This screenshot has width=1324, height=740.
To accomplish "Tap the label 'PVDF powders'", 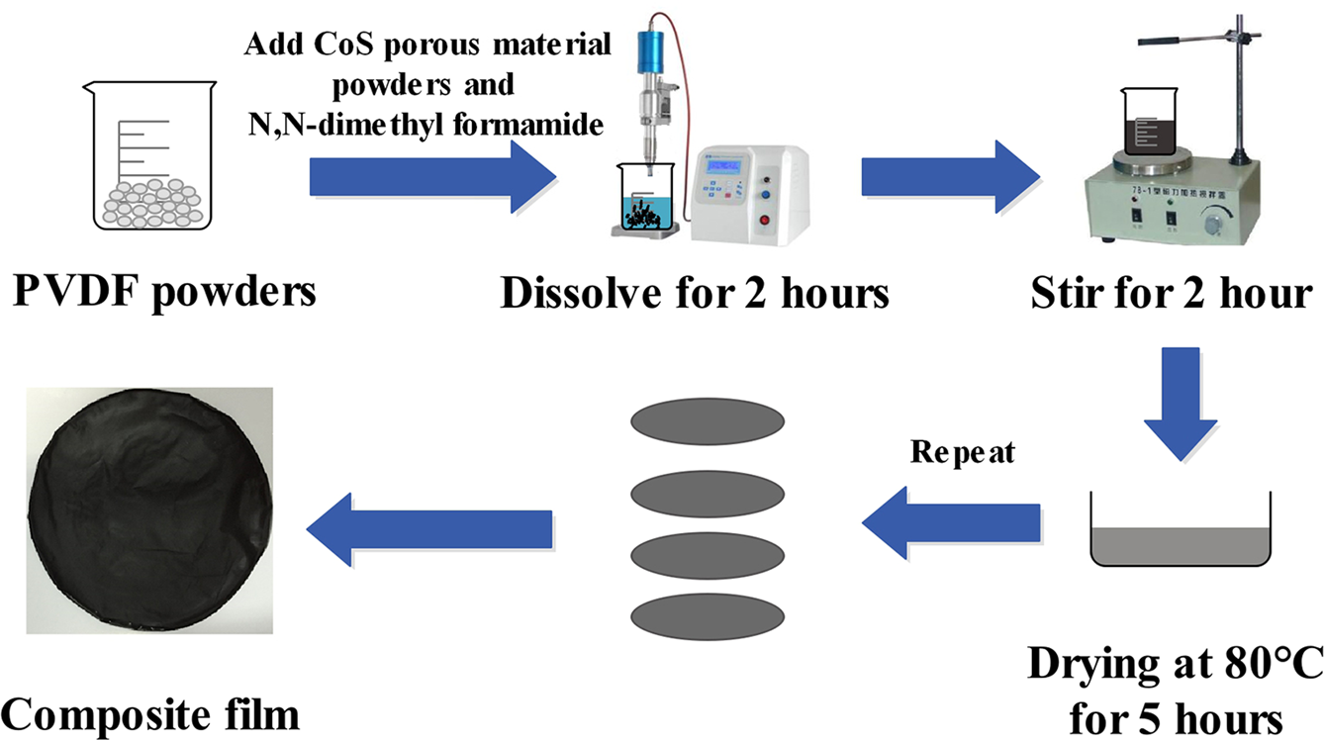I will click(x=164, y=292).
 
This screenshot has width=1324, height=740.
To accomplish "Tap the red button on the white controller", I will click(x=764, y=221).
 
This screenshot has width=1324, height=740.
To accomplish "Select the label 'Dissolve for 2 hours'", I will click(x=695, y=294).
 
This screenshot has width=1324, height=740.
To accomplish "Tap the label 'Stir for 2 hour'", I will click(x=1171, y=293).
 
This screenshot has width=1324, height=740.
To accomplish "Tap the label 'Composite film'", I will click(x=149, y=712).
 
